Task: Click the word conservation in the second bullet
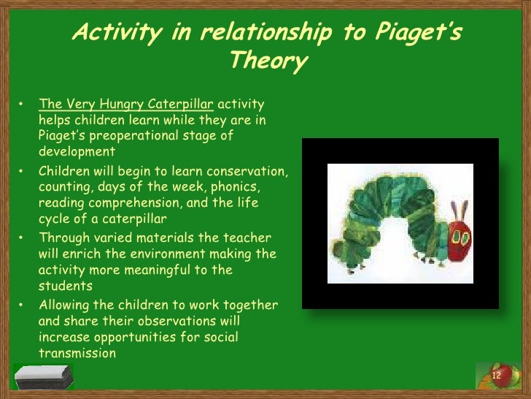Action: [x=248, y=171]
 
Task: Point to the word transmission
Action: [x=77, y=353]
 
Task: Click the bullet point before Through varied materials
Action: [x=23, y=238]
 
